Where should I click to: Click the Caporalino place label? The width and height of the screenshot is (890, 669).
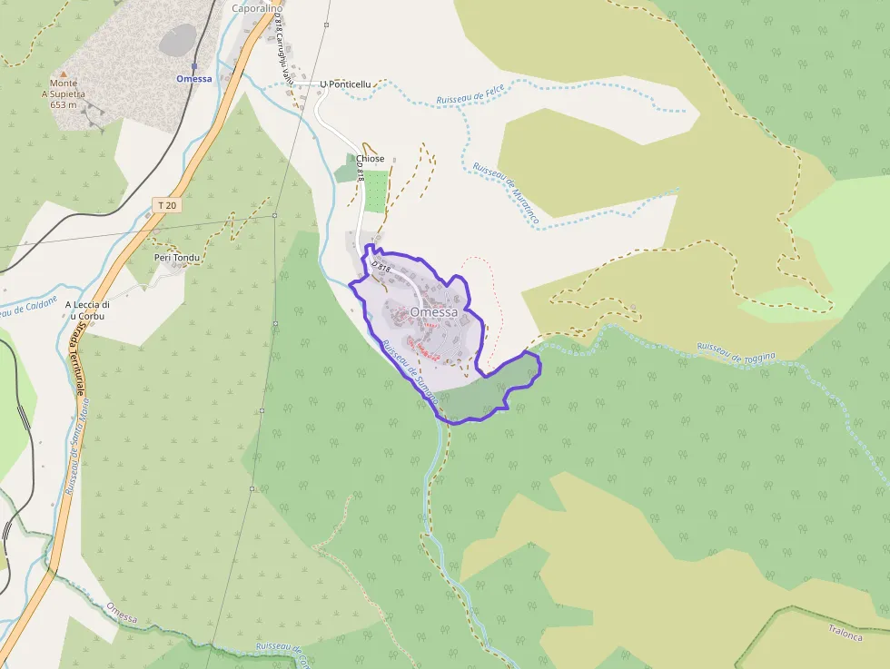(x=257, y=8)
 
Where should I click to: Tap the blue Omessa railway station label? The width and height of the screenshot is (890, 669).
(x=194, y=79)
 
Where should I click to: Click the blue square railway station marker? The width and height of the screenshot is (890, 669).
(x=194, y=66)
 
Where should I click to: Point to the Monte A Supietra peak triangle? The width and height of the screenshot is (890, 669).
(x=63, y=72)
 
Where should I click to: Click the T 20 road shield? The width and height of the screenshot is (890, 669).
(x=166, y=205)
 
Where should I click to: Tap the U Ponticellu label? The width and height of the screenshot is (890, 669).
(x=345, y=84)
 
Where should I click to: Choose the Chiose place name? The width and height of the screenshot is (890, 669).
(x=371, y=159)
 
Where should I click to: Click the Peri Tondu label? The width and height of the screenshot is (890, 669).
(x=176, y=257)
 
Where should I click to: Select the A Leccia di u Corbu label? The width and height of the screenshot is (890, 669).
(x=87, y=310)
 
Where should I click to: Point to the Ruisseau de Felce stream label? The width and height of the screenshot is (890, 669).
(x=470, y=93)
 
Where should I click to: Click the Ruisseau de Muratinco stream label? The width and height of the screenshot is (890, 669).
(x=506, y=192)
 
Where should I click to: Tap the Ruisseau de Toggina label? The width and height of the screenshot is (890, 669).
(x=736, y=351)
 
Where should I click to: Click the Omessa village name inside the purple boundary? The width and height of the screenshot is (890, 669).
(x=433, y=312)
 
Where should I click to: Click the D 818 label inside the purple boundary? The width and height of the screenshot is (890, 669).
(x=381, y=267)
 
